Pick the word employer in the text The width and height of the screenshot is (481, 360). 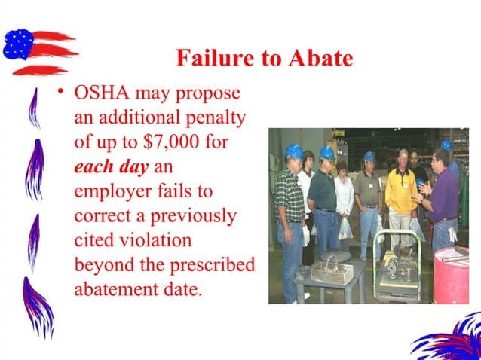coord(111,190)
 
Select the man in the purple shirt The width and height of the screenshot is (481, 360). coord(442,200)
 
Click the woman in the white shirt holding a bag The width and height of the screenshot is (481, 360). coord(344,203)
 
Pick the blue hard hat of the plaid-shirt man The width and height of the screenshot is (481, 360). coord(294,150)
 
